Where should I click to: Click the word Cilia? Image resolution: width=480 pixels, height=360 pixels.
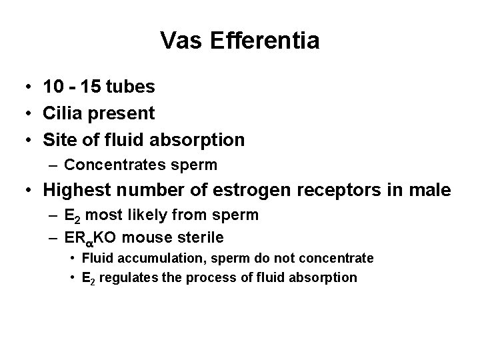coord(61,113)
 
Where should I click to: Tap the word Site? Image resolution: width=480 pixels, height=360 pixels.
coord(59,140)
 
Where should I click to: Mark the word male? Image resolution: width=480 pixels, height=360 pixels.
coord(430,190)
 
